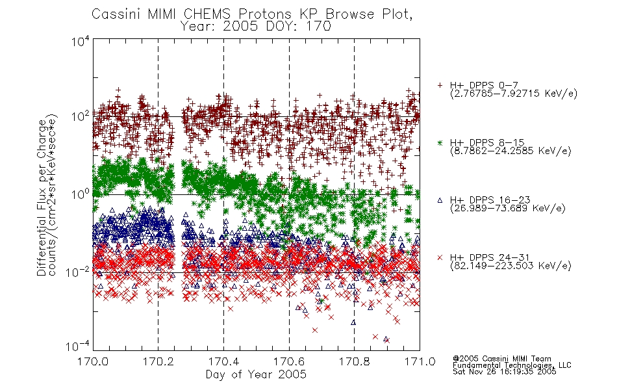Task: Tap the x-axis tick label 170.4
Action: (223, 361)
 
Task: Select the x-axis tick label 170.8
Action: (355, 361)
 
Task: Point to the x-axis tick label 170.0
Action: (93, 361)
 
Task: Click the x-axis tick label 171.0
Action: (420, 361)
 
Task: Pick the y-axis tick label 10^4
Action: (81, 41)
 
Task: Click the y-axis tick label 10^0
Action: (81, 194)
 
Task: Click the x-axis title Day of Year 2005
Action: (256, 374)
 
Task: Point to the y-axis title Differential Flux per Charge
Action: (42, 198)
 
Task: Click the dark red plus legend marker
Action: (440, 85)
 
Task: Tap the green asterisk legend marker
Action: (440, 142)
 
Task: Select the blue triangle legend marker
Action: (440, 200)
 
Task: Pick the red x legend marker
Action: (440, 257)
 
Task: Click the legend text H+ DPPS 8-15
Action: (487, 142)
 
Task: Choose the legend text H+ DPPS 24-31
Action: (490, 257)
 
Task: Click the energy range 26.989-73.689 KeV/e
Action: (508, 208)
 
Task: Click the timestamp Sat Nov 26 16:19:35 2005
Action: (505, 372)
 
